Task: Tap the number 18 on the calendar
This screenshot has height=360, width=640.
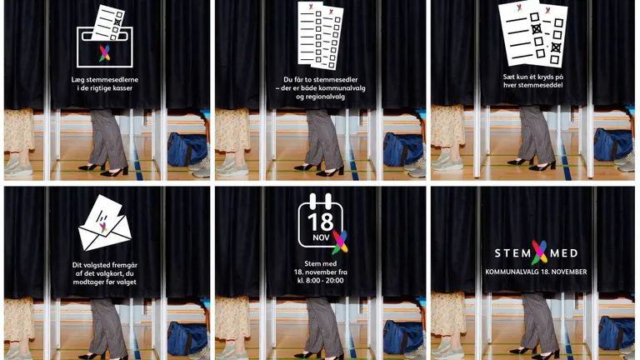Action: pyautogui.click(x=320, y=222)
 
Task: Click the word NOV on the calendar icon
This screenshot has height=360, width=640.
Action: pyautogui.click(x=321, y=237)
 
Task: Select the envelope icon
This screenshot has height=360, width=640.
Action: pyautogui.click(x=104, y=223)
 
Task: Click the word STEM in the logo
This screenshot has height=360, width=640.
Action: pyautogui.click(x=512, y=253)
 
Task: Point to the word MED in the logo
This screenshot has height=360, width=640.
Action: pyautogui.click(x=563, y=253)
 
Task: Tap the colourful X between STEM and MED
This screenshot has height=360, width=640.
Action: pyautogui.click(x=540, y=252)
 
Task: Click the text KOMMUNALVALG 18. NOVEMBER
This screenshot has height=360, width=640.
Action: pyautogui.click(x=536, y=272)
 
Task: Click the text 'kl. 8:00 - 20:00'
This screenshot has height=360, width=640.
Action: pyautogui.click(x=320, y=280)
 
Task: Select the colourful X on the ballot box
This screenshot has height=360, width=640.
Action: pyautogui.click(x=104, y=53)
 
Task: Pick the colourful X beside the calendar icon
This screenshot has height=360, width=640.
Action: pyautogui.click(x=340, y=242)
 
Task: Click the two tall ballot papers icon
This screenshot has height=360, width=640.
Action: pyautogui.click(x=321, y=35)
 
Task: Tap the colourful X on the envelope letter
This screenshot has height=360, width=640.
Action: pyautogui.click(x=103, y=227)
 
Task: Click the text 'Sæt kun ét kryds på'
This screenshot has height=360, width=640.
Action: pyautogui.click(x=532, y=77)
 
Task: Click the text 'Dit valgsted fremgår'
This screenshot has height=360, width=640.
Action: pyautogui.click(x=104, y=265)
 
